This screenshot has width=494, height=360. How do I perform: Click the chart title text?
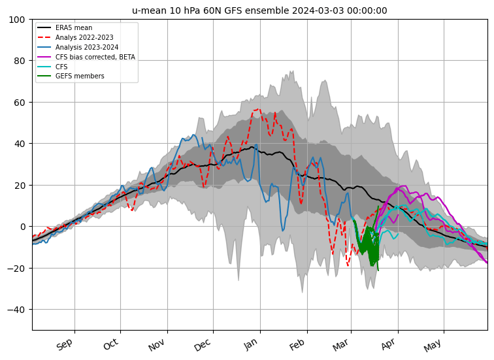coord(259,10)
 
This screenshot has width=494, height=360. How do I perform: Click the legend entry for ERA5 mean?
coord(74,28)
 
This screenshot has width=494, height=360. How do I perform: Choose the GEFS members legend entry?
coord(79,76)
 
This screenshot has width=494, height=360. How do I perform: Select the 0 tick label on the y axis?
coord(22,227)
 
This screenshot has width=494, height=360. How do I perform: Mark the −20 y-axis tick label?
coord(17,268)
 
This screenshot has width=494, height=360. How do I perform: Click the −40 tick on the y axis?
coord(17,310)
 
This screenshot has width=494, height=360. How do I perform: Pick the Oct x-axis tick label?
coord(110,344)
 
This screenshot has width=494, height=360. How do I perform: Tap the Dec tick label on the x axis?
coord(203,344)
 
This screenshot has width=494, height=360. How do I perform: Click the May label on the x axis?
coord(433,344)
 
